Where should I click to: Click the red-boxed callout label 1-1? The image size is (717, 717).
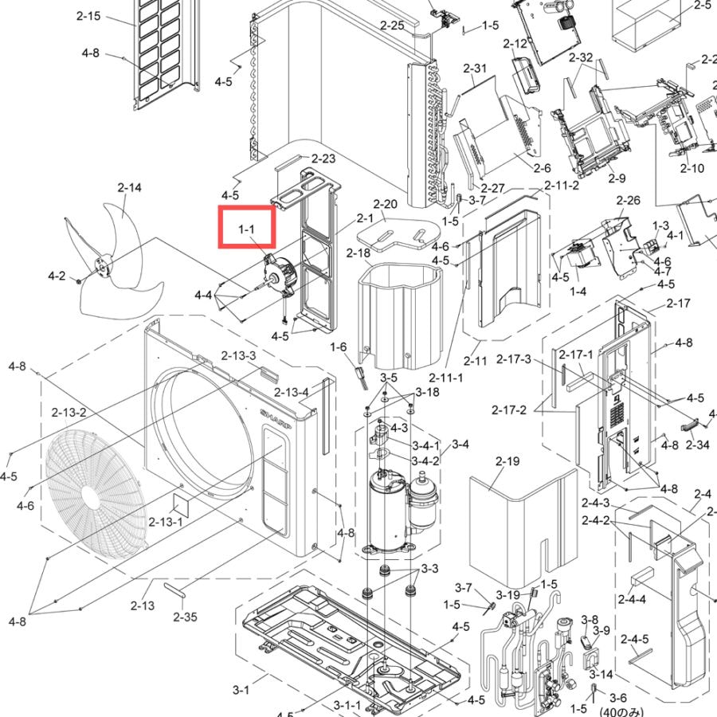246,229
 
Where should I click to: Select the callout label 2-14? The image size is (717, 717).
129,187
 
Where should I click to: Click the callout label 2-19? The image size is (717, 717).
507,461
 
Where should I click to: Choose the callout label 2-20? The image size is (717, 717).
385,204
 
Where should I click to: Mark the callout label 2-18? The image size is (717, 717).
358,253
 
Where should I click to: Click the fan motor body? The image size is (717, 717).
279,275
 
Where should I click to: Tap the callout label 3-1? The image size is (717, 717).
241,690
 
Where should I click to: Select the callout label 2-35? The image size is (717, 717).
185,617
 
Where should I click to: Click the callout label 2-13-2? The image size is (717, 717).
69,413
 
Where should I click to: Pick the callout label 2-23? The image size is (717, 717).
323,159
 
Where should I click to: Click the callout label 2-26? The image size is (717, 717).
629,200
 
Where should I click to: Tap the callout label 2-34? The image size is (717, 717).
697,445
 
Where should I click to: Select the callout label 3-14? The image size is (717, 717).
601,674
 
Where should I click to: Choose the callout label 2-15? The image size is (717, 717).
88,16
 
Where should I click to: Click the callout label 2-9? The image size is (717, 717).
617,178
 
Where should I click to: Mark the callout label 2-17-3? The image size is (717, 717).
514,359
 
